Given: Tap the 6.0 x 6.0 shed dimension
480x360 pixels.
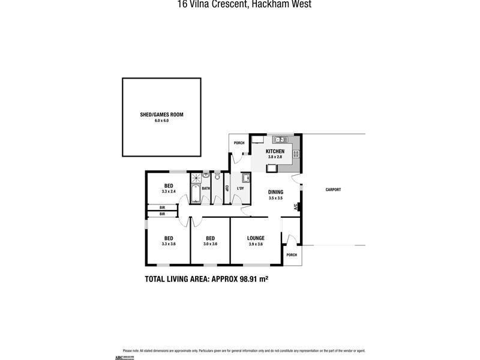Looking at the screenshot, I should click(x=161, y=121).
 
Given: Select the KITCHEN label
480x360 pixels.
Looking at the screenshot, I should click(x=275, y=151).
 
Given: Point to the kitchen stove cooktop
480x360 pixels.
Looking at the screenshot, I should click(x=296, y=154).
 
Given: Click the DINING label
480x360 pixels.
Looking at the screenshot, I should click(x=275, y=192).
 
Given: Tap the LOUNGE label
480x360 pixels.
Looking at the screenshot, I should click(x=256, y=238).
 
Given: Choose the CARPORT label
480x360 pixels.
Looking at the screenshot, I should click(x=333, y=190).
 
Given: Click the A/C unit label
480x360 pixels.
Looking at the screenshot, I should click(x=296, y=207).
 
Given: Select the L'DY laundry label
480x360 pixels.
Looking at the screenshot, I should click(x=241, y=189).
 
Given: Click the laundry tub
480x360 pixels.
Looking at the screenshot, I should click(x=245, y=178).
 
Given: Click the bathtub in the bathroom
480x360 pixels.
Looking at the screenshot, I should click(x=194, y=193).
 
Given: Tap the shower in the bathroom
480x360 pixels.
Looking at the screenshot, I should click(x=196, y=177).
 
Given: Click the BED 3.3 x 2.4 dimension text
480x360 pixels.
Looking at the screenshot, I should click(x=169, y=191).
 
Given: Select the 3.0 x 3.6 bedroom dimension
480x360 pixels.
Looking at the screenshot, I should click(x=210, y=244).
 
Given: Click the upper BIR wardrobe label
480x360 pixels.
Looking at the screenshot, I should click(x=162, y=208).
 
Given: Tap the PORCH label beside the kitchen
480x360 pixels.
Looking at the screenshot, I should click(x=239, y=143).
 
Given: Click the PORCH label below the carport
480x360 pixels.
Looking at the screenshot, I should click(x=292, y=255).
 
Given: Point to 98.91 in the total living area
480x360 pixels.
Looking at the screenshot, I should click(x=251, y=279).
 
